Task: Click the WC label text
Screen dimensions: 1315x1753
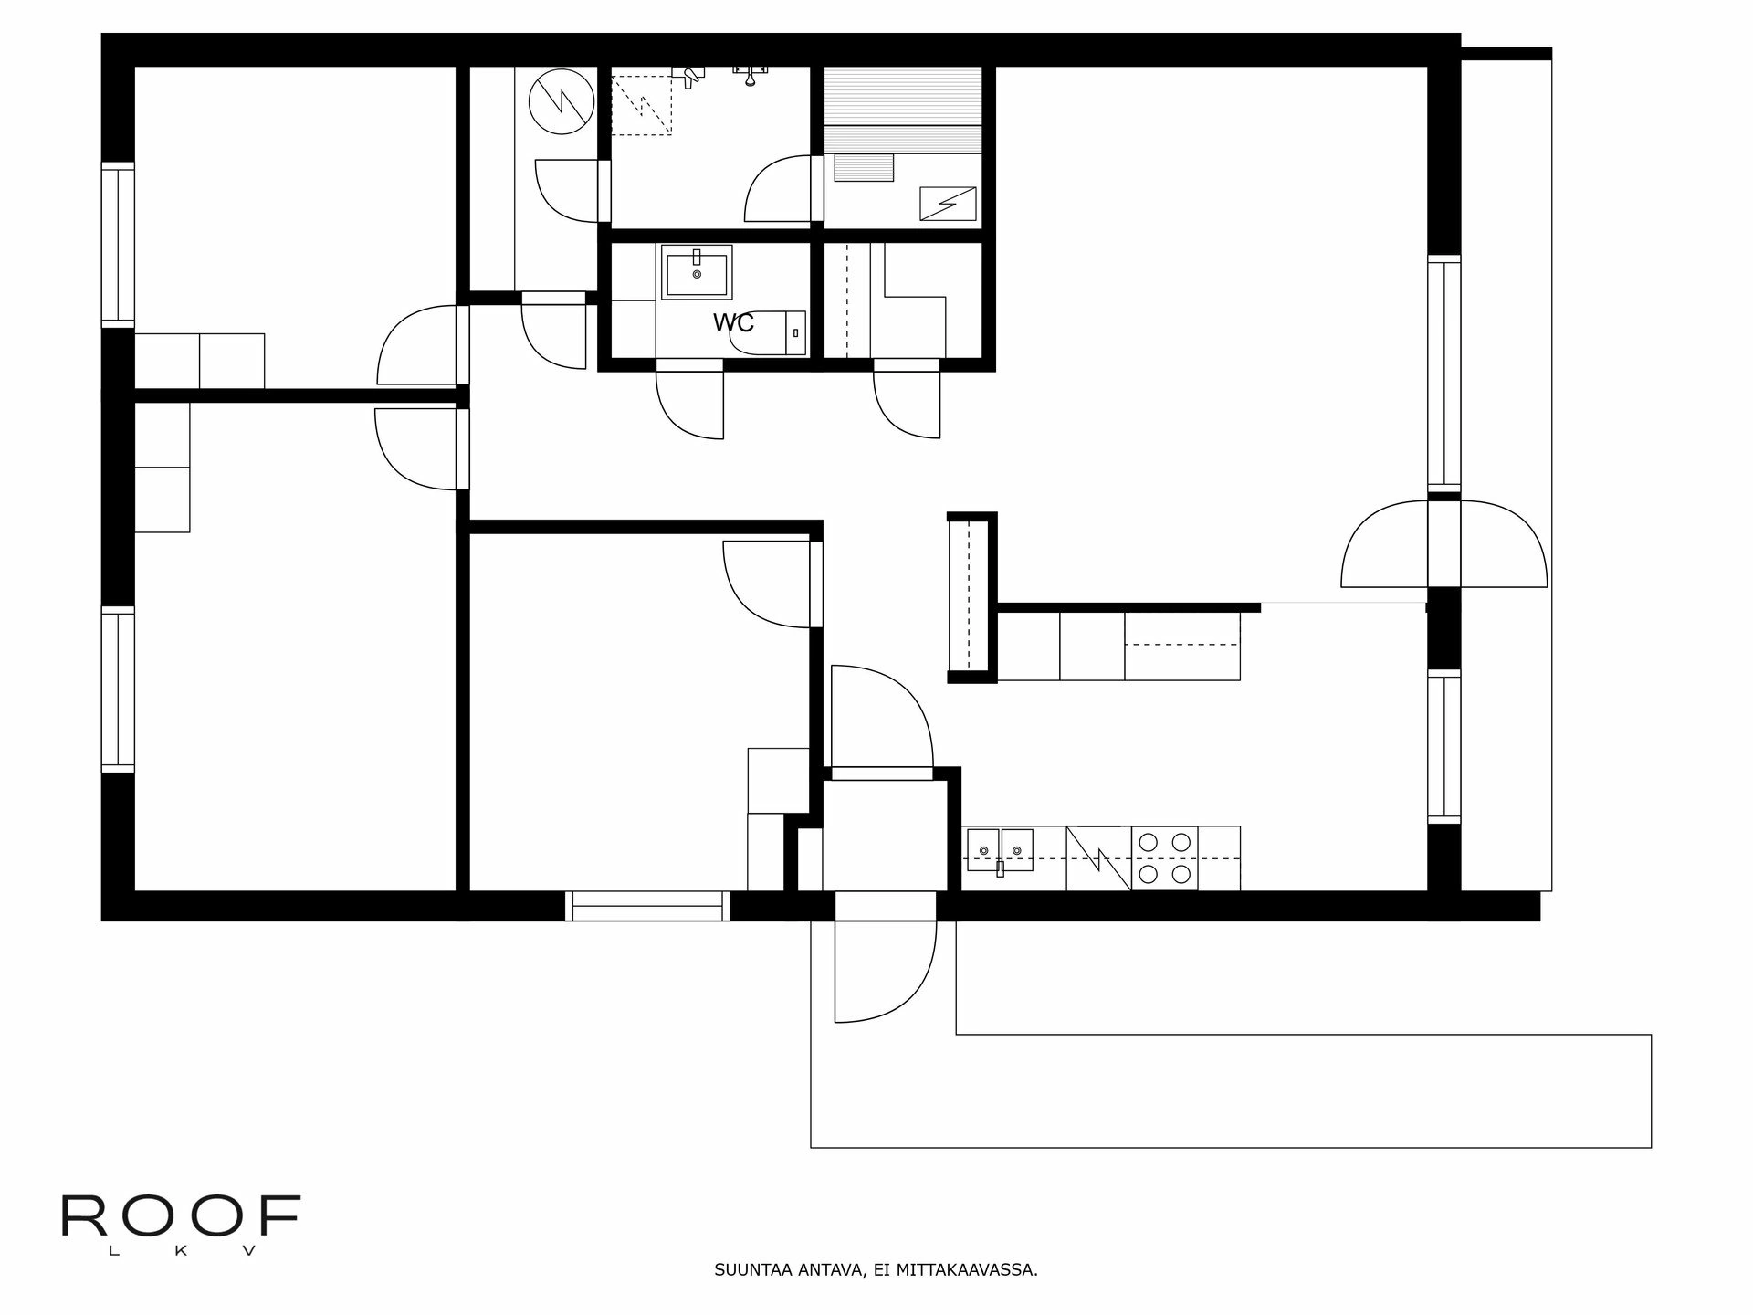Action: click(733, 322)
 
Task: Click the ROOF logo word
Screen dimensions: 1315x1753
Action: click(181, 1215)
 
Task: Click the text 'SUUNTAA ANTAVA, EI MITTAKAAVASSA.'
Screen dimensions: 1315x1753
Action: click(876, 1269)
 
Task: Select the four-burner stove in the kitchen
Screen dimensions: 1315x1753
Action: click(1164, 857)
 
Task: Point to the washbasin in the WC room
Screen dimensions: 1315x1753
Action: click(697, 271)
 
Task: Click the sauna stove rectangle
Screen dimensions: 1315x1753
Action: click(948, 203)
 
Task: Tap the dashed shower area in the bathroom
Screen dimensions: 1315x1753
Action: click(641, 100)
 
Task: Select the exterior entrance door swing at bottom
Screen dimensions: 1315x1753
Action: click(884, 970)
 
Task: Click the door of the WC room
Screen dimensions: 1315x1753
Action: click(689, 400)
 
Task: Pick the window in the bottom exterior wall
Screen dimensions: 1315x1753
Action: click(647, 905)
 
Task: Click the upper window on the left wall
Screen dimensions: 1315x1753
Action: click(118, 244)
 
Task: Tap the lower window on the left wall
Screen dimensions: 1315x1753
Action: click(118, 689)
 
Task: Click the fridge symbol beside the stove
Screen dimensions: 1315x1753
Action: click(1098, 857)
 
